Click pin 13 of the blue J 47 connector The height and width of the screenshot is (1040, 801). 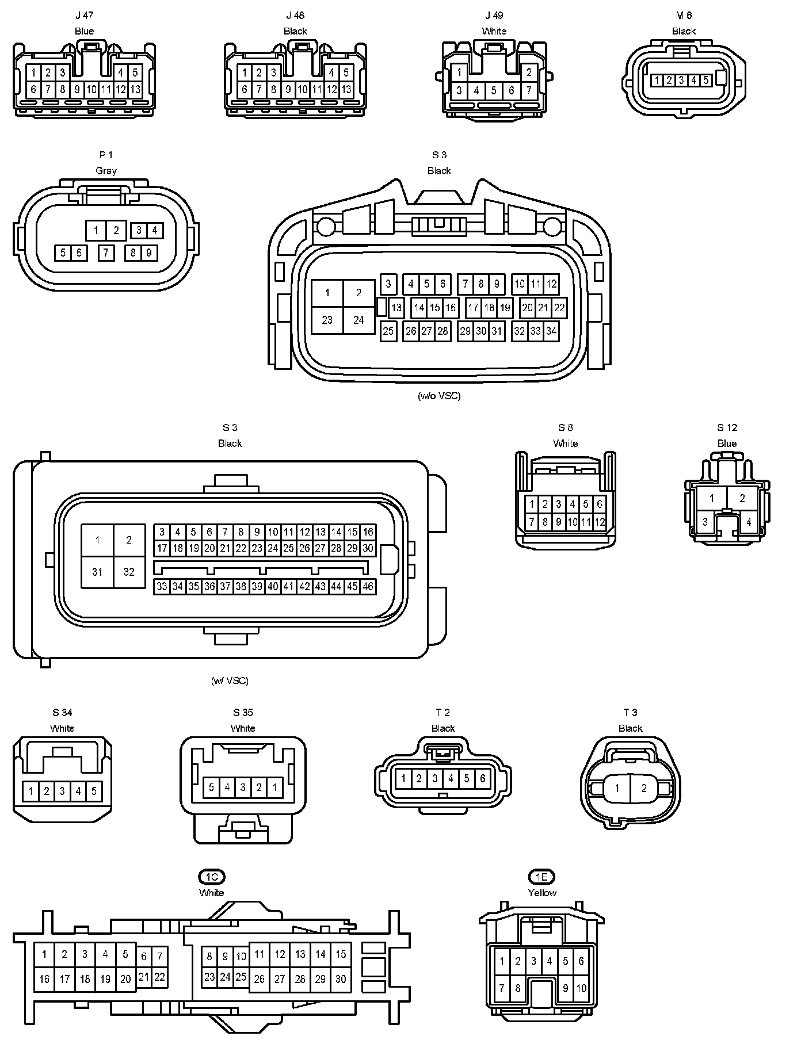click(x=135, y=90)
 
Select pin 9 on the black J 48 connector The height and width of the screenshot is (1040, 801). click(x=288, y=90)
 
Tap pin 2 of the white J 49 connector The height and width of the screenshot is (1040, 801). click(x=529, y=72)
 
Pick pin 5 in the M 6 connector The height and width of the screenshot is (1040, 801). click(x=705, y=81)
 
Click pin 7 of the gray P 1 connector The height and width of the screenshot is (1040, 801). click(x=106, y=253)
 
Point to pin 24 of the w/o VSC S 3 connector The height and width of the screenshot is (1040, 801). click(x=358, y=320)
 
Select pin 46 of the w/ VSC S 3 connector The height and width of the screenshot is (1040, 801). click(x=368, y=587)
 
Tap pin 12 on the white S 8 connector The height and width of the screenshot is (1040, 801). click(x=600, y=522)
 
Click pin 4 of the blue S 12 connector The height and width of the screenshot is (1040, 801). click(x=748, y=522)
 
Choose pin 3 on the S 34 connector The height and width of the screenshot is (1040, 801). click(x=62, y=791)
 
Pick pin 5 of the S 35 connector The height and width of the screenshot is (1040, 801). click(x=211, y=787)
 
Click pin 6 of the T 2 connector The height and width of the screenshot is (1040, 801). click(x=482, y=779)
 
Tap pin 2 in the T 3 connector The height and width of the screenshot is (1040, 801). click(x=644, y=788)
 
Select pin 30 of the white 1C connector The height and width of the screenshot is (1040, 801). click(x=341, y=979)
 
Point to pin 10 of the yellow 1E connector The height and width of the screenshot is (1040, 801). click(x=581, y=988)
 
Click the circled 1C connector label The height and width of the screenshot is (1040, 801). click(x=211, y=877)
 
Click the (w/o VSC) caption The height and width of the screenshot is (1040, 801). click(x=439, y=396)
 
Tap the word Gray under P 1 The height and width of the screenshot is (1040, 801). click(x=106, y=171)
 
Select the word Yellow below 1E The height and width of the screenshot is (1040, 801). click(x=542, y=893)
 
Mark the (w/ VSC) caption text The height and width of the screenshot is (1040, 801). click(x=230, y=680)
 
